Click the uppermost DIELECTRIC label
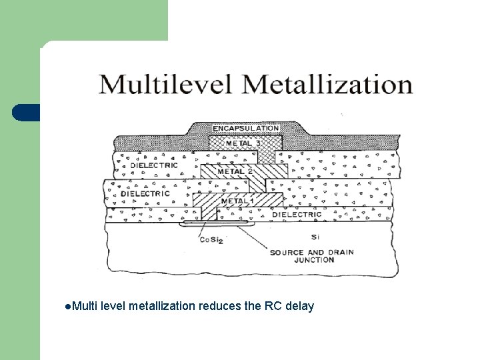click(155, 165)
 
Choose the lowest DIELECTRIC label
click(297, 215)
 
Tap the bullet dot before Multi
click(69, 306)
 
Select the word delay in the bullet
click(299, 306)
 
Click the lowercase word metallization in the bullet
click(161, 306)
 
